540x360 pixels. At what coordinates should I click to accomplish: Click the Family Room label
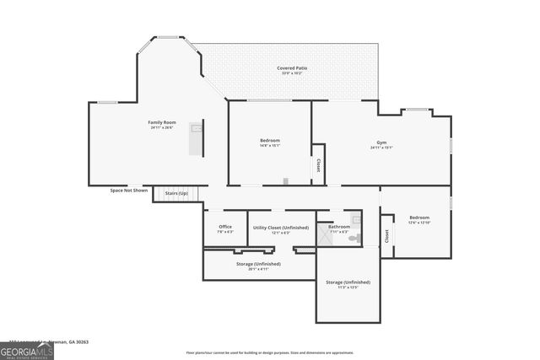pos(161,123)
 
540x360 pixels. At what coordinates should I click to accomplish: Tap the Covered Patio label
pos(292,68)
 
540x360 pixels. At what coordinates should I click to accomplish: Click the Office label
pos(225,227)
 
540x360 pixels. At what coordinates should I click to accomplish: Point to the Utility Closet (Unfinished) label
pos(282,227)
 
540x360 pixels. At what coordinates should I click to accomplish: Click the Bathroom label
pos(339,226)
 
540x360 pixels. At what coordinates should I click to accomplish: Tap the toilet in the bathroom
pos(355,239)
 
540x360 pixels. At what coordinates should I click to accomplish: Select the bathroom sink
pos(356,219)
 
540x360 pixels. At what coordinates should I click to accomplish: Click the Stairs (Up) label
pos(176,194)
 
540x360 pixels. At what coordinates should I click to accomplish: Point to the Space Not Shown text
pos(129,191)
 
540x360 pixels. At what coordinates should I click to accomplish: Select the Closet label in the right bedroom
pos(386,237)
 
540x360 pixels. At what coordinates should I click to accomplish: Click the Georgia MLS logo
pos(27,349)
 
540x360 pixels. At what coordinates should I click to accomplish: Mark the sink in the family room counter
pos(197,129)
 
